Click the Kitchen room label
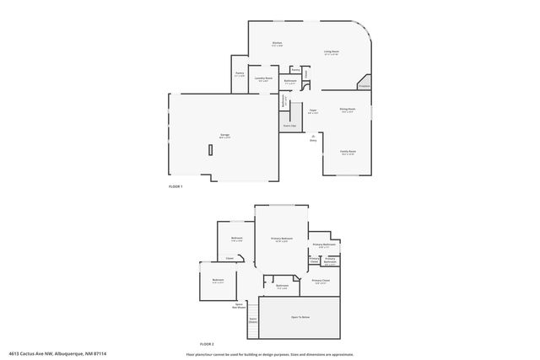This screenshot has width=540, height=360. click(x=277, y=43)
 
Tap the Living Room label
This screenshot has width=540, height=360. click(x=331, y=52)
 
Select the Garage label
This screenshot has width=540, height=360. click(x=224, y=135)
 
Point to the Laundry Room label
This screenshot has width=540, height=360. click(x=263, y=78)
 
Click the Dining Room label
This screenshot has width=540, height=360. click(x=347, y=110)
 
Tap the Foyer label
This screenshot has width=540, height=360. click(x=312, y=110)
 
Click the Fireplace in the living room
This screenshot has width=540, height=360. click(x=364, y=86)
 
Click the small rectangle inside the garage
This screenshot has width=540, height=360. click(x=210, y=149)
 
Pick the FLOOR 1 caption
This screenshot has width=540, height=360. click(x=175, y=185)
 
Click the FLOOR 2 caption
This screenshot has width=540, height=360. click(x=207, y=344)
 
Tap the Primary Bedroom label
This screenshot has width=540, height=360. click(x=280, y=239)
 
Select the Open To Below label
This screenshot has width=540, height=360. click(x=300, y=317)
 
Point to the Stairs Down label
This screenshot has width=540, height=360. click(x=253, y=320)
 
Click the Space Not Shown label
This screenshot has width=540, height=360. click(x=239, y=305)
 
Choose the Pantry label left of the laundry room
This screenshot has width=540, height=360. click(x=240, y=74)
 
